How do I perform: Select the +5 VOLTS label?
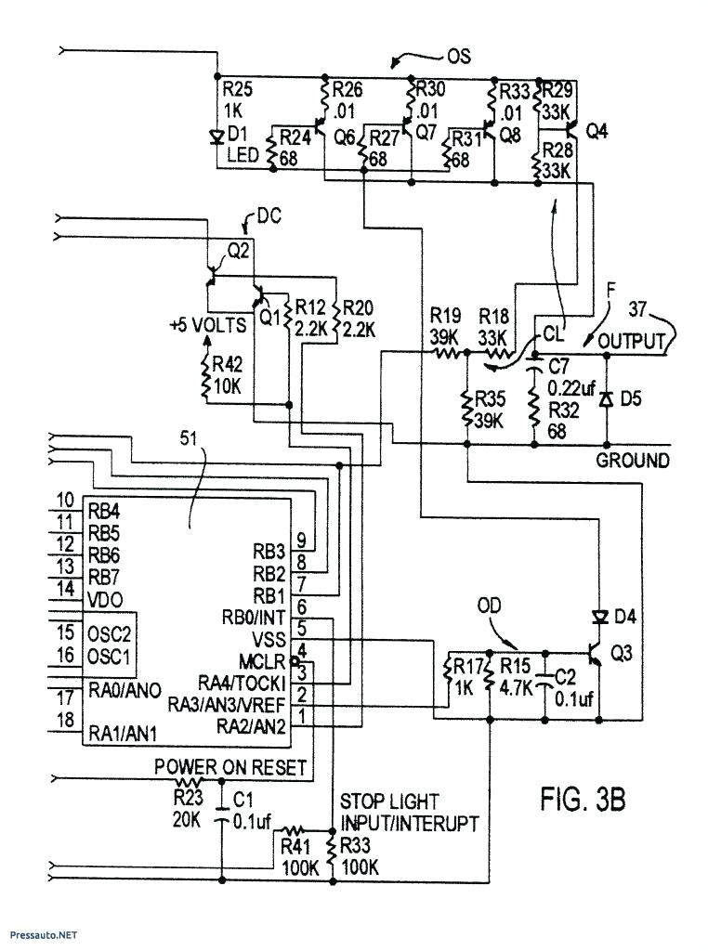[x=207, y=326]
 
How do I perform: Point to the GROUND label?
[x=632, y=460]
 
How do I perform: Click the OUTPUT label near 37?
[x=631, y=341]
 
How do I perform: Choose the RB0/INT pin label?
[x=252, y=619]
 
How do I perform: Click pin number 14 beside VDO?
[x=66, y=589]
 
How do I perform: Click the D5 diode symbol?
[x=606, y=399]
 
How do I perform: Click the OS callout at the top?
[x=458, y=56]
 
